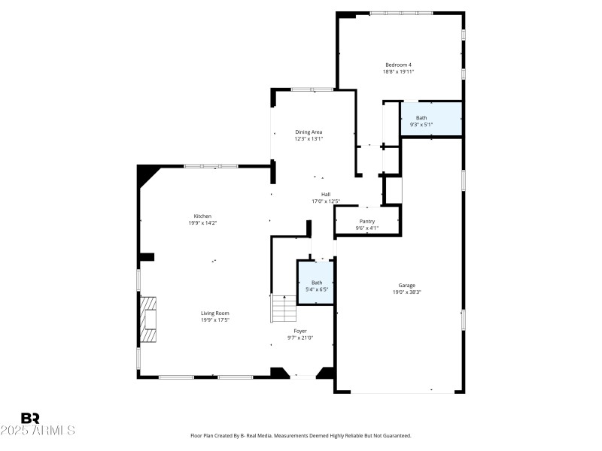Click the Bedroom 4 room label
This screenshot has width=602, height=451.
[x=398, y=65]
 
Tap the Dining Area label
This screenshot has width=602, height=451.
[x=309, y=132]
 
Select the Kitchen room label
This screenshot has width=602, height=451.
[x=202, y=216]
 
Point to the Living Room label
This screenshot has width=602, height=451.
[x=214, y=313]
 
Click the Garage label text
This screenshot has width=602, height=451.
[x=406, y=286]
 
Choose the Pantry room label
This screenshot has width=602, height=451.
[x=366, y=221]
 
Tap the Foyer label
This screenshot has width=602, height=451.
[x=299, y=331]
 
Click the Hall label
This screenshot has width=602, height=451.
[x=326, y=195]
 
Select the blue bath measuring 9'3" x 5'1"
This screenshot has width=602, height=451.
[x=430, y=119]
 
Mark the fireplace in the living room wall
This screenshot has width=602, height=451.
[x=148, y=319]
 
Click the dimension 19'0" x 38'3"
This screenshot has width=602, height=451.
[x=406, y=292]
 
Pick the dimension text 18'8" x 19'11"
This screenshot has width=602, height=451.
[x=398, y=71]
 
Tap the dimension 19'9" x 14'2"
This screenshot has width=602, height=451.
[x=202, y=223]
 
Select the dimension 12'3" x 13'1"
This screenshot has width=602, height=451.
[x=309, y=139]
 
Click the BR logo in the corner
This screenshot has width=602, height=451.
[x=30, y=418]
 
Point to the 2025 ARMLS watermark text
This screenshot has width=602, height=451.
[x=38, y=431]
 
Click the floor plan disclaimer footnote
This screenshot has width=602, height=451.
[x=301, y=435]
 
